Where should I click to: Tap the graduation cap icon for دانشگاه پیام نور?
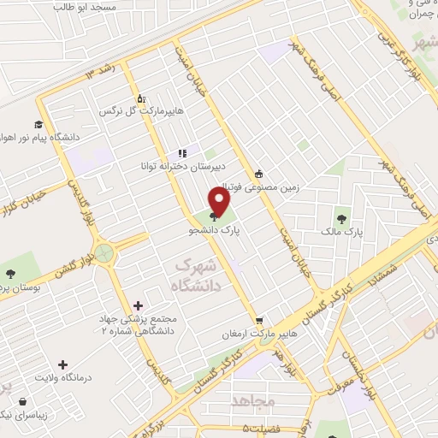click(x=38, y=123)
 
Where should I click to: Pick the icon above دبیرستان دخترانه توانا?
click(x=182, y=151)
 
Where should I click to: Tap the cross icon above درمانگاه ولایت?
click(x=62, y=364)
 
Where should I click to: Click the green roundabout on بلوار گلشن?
click(x=104, y=253)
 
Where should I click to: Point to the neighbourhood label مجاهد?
click(x=252, y=400)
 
